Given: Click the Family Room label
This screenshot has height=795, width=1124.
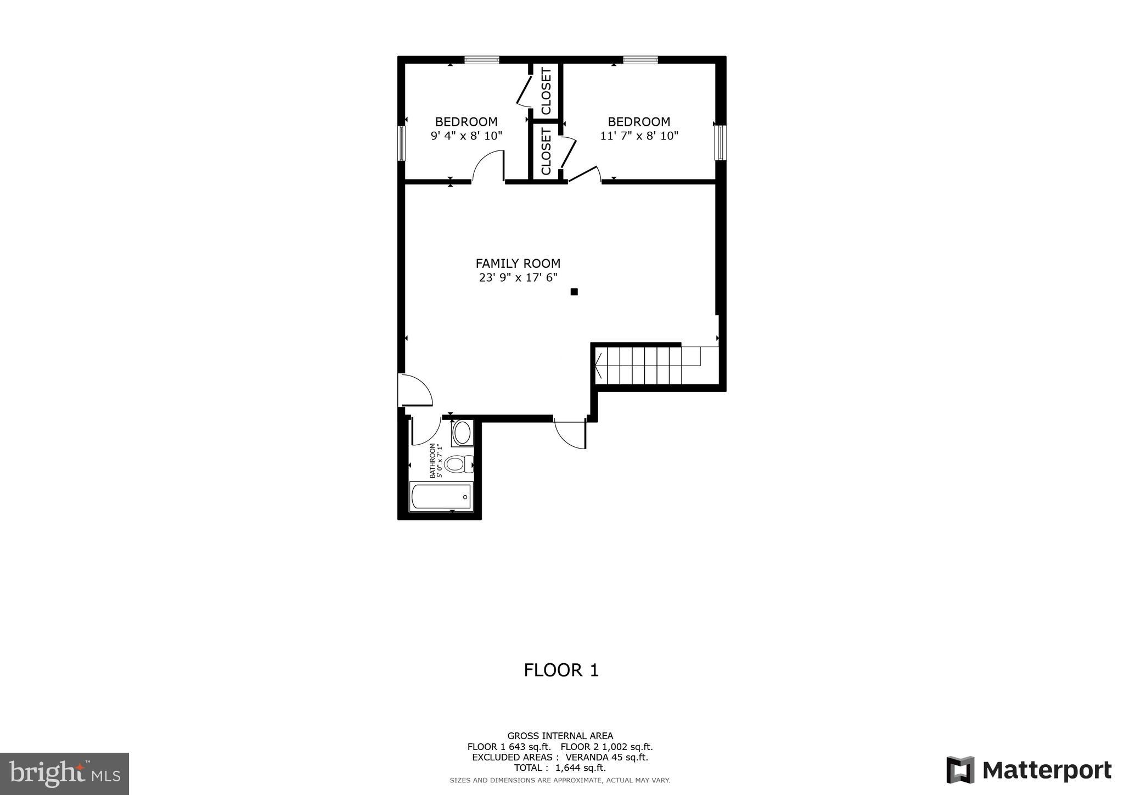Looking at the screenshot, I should tap(518, 264).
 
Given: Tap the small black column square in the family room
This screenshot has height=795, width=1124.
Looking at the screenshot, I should tap(574, 292).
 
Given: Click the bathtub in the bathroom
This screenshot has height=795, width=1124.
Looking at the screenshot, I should tap(441, 497).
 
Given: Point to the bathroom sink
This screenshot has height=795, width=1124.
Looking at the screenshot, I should tap(462, 433).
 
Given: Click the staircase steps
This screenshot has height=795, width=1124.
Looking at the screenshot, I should tap(639, 365).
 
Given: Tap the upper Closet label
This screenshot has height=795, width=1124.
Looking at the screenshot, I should tap(546, 91).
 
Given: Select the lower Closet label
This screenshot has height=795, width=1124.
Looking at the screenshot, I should tap(546, 151).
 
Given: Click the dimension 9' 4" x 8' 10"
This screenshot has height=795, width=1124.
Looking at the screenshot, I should tap(467, 136).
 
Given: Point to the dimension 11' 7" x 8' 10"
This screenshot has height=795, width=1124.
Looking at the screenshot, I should tap(639, 136).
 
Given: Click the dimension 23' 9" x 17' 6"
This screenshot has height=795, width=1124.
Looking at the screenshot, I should tap(518, 278).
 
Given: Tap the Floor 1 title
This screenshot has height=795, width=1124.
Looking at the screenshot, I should tap(561, 670).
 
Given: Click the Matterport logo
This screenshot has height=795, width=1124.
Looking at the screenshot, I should tap(1029, 770).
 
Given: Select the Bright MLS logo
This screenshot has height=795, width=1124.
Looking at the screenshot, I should tap(65, 774).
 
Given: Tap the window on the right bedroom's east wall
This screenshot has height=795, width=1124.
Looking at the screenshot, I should tap(720, 143).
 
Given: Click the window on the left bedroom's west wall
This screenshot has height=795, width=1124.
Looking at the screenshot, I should tap(401, 143).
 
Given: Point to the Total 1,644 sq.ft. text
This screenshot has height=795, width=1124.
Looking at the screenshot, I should tap(560, 768).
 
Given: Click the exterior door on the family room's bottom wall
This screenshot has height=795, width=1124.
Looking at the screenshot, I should tap(570, 434).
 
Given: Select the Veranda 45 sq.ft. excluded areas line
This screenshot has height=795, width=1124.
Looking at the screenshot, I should tap(560, 757).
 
